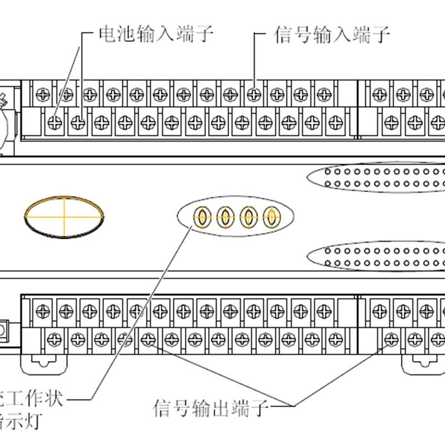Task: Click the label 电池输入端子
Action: pos(156,34)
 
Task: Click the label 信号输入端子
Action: pos(332,34)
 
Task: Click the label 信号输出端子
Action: pos(211,409)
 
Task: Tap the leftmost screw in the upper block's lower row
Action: pos(55,122)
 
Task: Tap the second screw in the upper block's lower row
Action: pos(78,122)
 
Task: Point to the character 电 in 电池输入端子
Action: pos(107,34)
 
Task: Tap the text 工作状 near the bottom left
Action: pos(33,399)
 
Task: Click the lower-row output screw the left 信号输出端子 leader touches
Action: pos(148,338)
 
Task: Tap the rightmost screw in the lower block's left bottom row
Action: pos(335,338)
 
